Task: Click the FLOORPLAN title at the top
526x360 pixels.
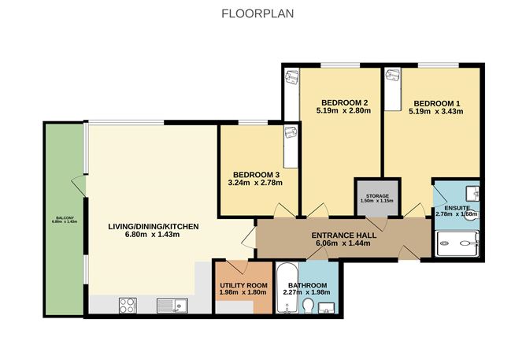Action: (257, 13)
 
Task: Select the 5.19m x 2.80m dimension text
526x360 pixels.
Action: (343, 111)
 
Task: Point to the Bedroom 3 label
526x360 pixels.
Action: (256, 175)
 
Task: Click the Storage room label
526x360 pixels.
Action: (377, 196)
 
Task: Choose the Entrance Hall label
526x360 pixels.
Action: (344, 236)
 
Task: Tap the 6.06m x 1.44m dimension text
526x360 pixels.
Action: (343, 243)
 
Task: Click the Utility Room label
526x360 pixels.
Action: (243, 285)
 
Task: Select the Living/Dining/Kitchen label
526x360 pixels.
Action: (154, 226)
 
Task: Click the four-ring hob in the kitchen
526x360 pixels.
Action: (128, 306)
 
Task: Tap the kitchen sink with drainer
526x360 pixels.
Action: (172, 306)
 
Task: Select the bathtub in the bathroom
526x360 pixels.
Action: (287, 288)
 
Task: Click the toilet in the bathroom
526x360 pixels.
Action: (308, 306)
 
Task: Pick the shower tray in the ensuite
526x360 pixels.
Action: (457, 243)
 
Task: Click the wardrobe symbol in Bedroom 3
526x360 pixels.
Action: (291, 147)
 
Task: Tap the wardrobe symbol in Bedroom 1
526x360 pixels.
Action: (393, 90)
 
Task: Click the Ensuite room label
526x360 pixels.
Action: (457, 208)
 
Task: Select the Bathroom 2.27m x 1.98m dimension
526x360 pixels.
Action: (306, 292)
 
